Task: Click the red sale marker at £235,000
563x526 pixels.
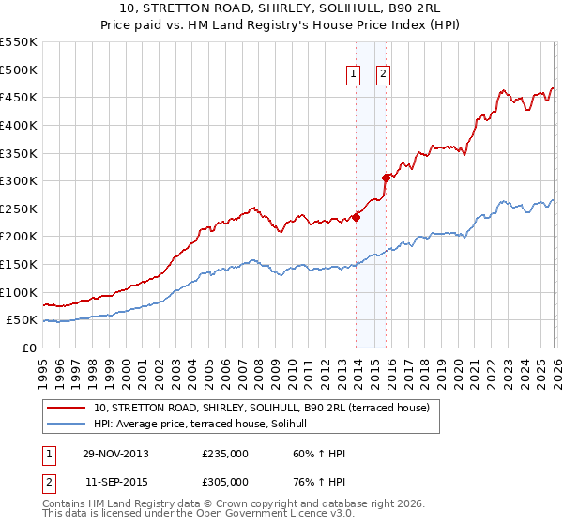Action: (x=357, y=217)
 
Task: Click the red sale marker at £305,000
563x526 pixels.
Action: (x=386, y=178)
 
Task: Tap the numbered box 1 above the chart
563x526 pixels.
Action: (x=353, y=76)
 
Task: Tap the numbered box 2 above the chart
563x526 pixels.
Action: (x=384, y=76)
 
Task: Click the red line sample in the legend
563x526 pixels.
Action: (x=67, y=408)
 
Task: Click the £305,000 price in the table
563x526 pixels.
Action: (x=225, y=483)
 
